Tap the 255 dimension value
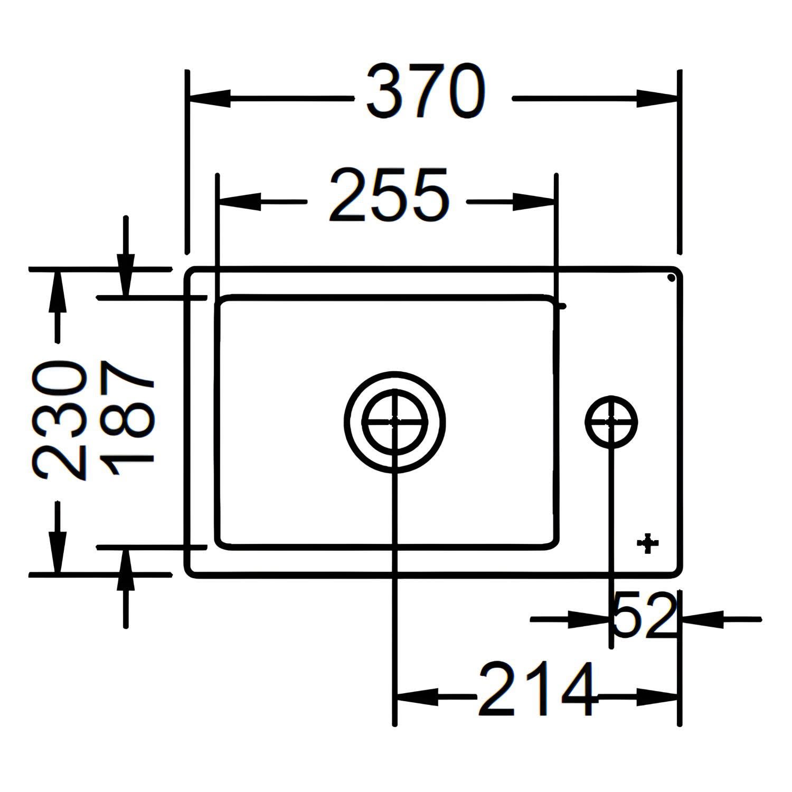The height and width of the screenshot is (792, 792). [x=389, y=194]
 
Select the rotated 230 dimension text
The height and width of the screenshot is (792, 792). [x=59, y=420]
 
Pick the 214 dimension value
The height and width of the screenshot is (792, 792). [x=537, y=689]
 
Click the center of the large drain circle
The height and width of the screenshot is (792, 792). [x=395, y=421]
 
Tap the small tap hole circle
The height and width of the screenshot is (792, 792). [x=611, y=422]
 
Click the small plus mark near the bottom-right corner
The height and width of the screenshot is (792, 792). [x=648, y=543]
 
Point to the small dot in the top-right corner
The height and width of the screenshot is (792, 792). [x=671, y=277]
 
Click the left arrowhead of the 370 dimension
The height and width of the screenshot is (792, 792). [x=210, y=98]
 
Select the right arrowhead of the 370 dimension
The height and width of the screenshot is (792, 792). [x=656, y=98]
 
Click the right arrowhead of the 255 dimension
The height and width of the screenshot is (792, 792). [x=533, y=201]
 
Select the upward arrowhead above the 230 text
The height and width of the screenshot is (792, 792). [x=57, y=292]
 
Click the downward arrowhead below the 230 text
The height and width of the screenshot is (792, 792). [x=57, y=552]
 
